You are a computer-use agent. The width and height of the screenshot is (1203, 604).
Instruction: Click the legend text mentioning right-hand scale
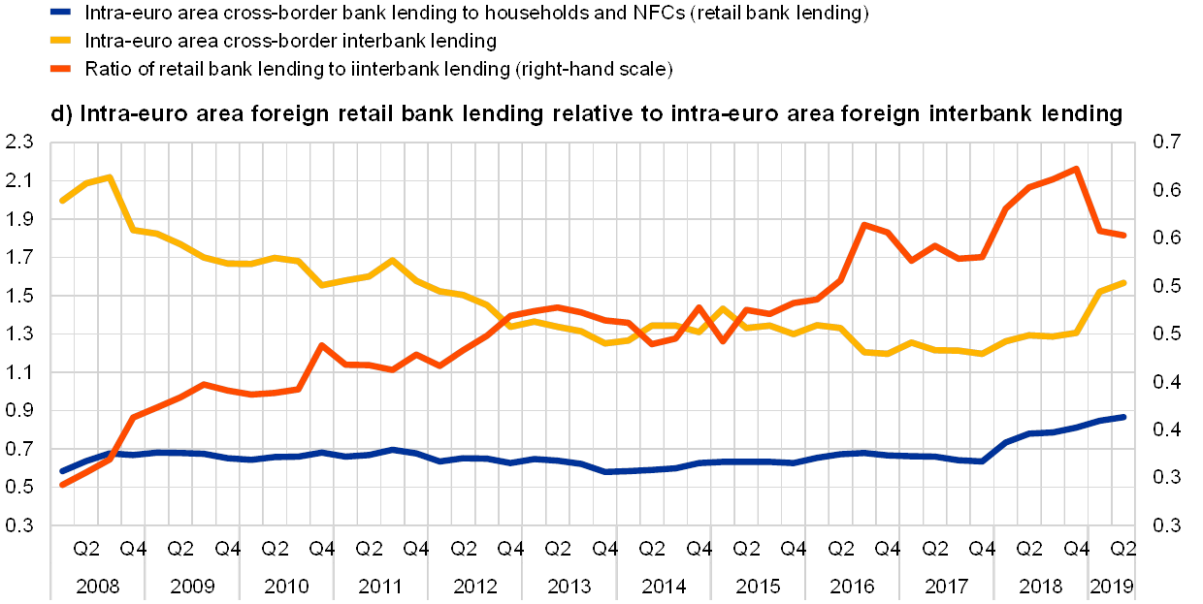tap(379, 69)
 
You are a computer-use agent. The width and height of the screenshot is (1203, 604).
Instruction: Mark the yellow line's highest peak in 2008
tap(110, 176)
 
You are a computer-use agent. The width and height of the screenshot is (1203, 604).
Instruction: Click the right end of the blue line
tap(1123, 417)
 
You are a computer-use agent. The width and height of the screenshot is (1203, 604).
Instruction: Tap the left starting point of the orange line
tap(62, 484)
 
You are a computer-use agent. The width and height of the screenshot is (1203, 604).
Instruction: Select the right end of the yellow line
tap(1123, 282)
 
